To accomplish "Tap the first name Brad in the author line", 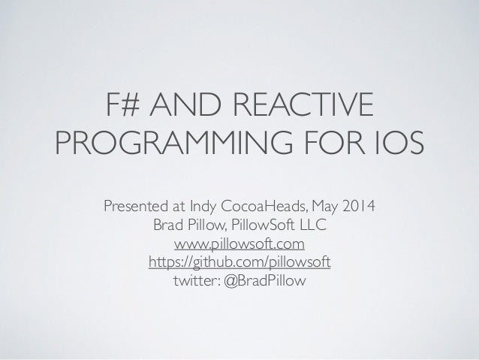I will [168, 225].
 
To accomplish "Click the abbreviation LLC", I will [314, 225].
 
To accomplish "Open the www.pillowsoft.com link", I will [239, 244].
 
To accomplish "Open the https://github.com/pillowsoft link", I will [239, 263].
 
